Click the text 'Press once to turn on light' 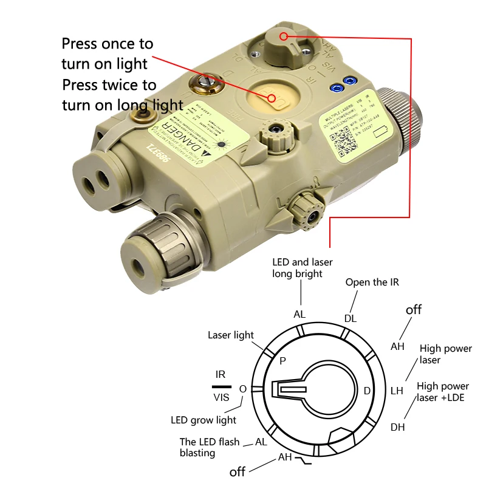coord(108,53)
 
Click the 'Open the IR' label coord(372,282)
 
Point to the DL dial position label coord(351,318)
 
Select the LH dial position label coord(397,391)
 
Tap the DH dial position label coord(397,427)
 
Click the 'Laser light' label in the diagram coord(231,335)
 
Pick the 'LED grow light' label coord(204,420)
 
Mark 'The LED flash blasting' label coord(210,447)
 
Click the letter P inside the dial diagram coord(282,360)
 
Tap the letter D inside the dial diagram coord(367,391)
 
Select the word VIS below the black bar coord(221,398)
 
